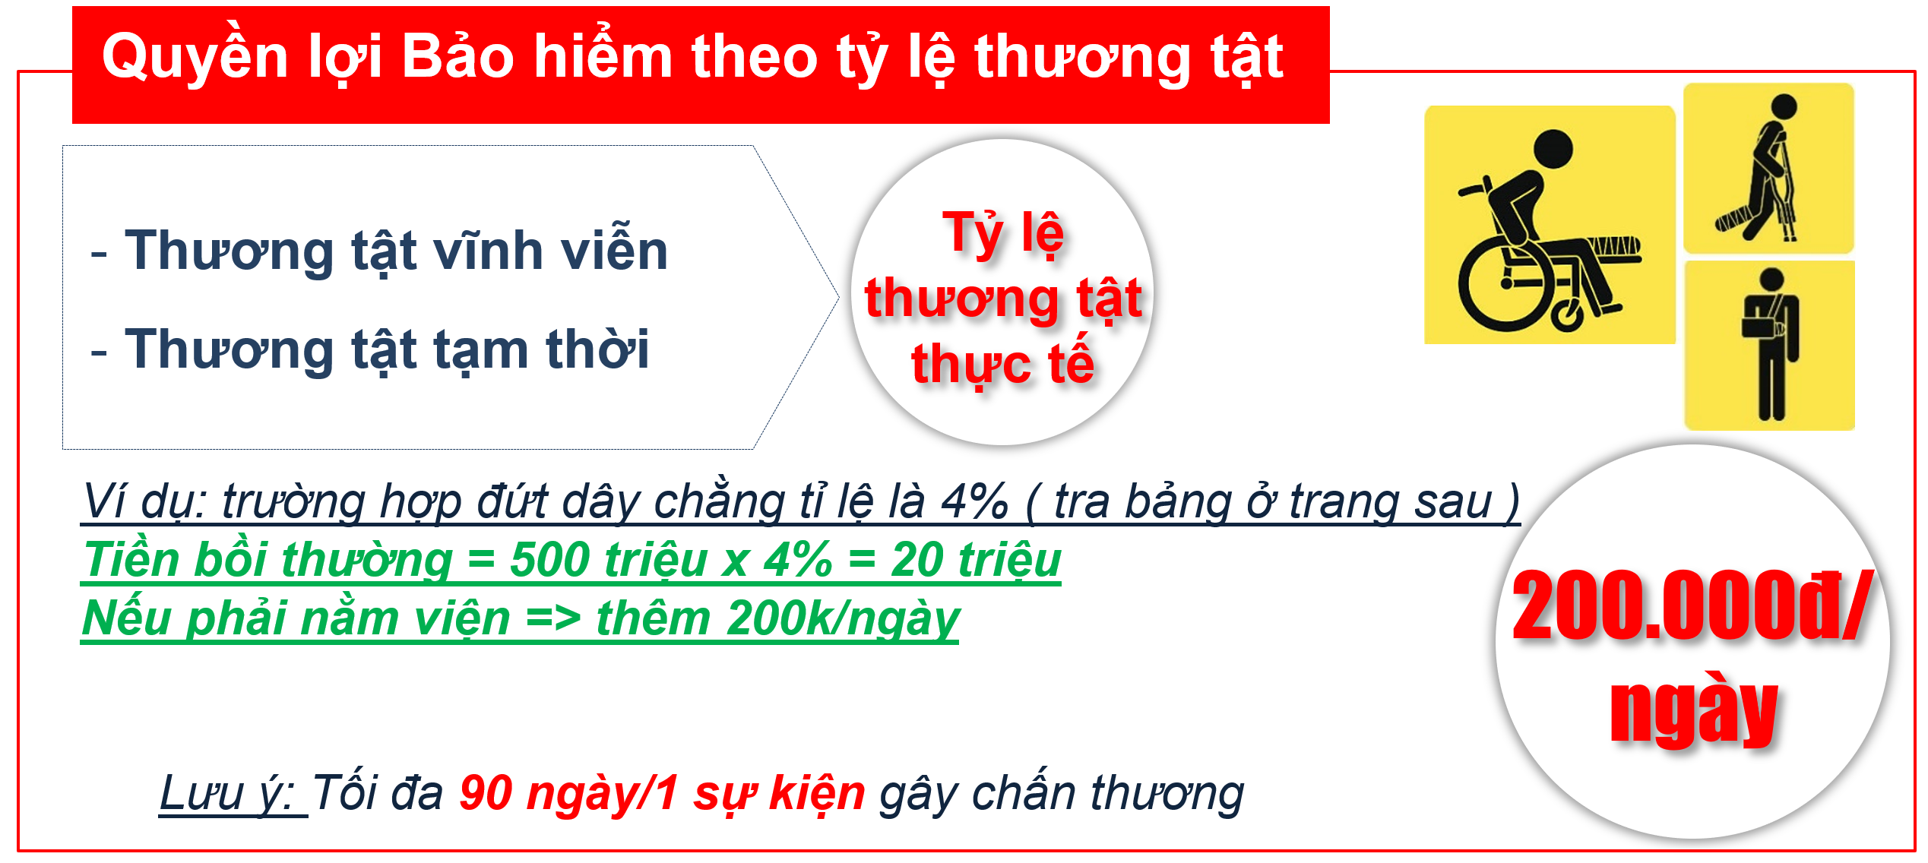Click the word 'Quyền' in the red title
[x=195, y=56]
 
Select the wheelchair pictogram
[x=1549, y=225]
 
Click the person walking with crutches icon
[x=1768, y=168]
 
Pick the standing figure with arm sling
[x=1769, y=346]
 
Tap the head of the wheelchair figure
[x=1553, y=149]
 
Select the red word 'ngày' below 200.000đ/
[x=1693, y=709]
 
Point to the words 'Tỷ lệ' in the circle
[x=1002, y=232]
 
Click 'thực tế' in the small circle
[x=1002, y=363]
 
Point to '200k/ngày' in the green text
[x=843, y=618]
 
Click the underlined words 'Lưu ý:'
[x=232, y=793]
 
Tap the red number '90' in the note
[x=486, y=793]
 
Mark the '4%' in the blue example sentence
[x=974, y=501]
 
